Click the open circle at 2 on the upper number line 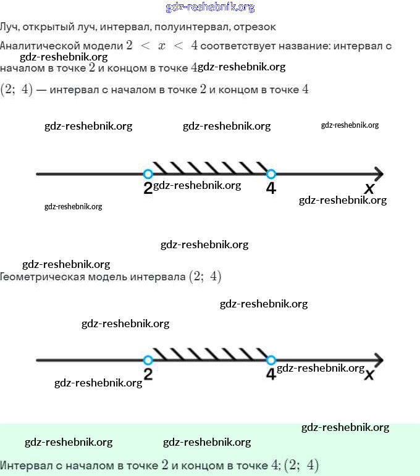tap(148, 174)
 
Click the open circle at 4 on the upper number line tap(271, 174)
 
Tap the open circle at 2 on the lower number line tap(148, 360)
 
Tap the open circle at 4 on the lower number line tap(271, 360)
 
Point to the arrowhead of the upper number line tap(377, 174)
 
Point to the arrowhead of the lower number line tap(377, 360)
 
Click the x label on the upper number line tap(369, 189)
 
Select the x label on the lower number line tap(370, 375)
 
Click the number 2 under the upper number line tap(148, 188)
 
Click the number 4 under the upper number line tap(271, 188)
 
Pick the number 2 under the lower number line tap(148, 374)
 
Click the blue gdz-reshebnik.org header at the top tap(210, 7)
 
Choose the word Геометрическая tap(48, 277)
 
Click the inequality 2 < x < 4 tap(161, 46)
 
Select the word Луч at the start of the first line tap(9, 27)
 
